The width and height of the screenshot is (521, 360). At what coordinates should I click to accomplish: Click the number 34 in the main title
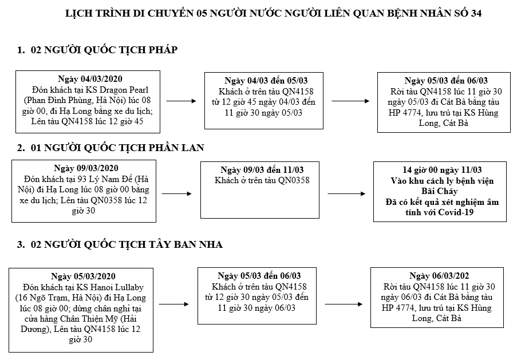tap(475, 13)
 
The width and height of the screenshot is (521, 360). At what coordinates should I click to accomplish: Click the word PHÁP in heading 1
tap(162, 50)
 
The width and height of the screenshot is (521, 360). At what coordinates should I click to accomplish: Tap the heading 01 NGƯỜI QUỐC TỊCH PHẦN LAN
tap(110, 148)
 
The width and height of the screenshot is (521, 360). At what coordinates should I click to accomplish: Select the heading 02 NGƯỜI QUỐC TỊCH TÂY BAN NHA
tap(120, 245)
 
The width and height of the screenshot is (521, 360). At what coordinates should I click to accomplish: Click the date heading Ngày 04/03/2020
tap(90, 79)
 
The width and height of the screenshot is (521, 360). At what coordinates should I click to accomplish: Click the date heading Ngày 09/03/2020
tap(86, 168)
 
